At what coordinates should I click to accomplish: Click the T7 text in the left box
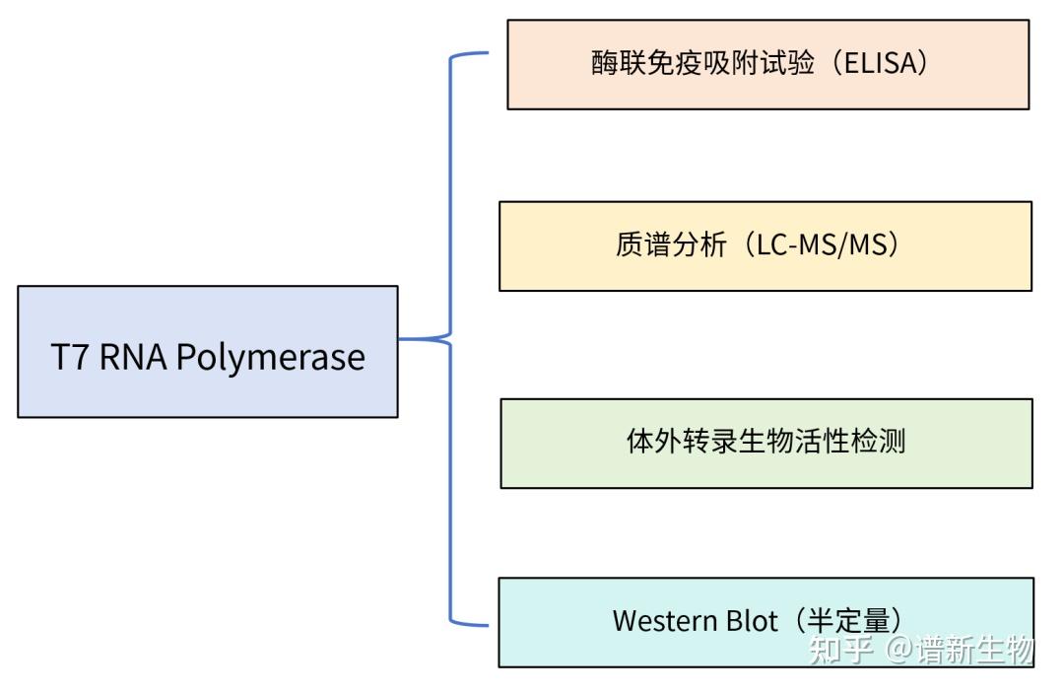[x=70, y=356]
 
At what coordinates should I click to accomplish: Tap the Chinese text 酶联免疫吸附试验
[x=702, y=64]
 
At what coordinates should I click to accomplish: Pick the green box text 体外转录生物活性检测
[x=765, y=441]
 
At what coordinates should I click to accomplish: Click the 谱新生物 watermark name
[x=975, y=651]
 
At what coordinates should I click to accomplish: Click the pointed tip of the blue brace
[x=402, y=339]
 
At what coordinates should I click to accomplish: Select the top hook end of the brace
[x=486, y=53]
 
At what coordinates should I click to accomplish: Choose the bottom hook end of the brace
[x=486, y=624]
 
